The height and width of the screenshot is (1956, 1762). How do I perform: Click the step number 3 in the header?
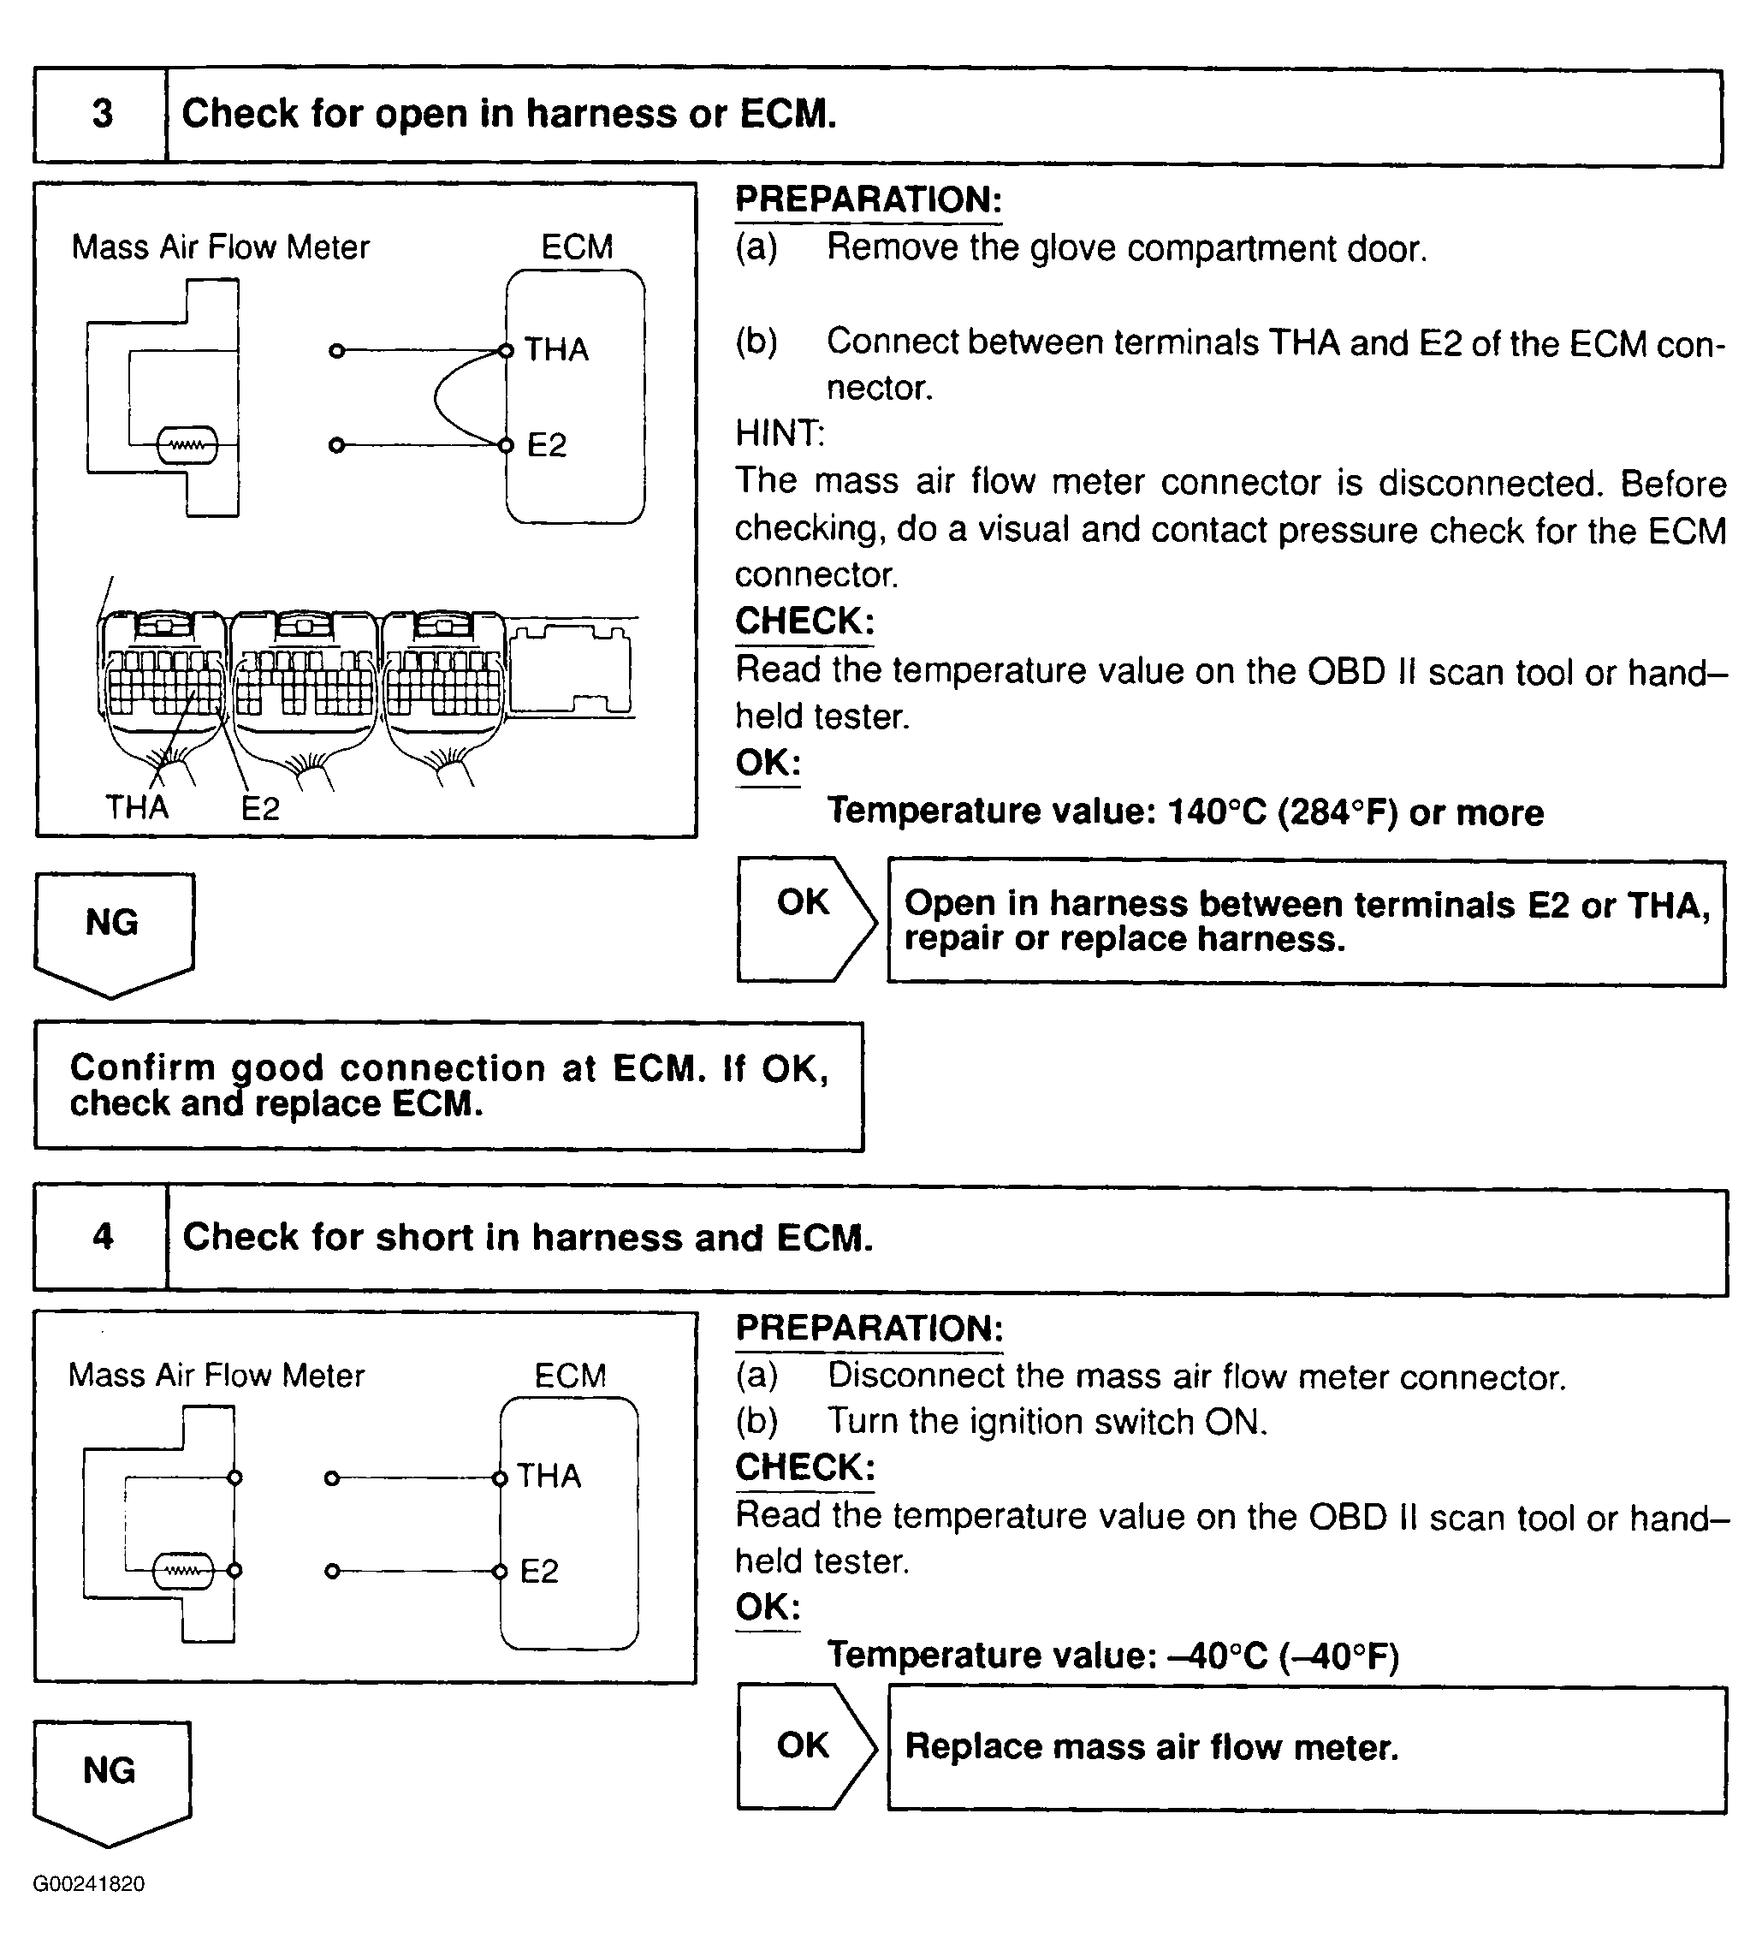coord(102,114)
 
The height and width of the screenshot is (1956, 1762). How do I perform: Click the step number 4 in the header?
coord(103,1237)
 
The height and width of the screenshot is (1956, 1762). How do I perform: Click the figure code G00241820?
coord(89,1883)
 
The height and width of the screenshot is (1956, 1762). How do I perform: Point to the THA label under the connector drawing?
coord(137,807)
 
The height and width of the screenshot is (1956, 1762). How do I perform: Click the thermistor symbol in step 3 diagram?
coord(187,446)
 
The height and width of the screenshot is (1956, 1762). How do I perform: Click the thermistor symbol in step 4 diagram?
coord(183,1571)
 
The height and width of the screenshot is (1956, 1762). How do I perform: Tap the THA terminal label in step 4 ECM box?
coord(549,1476)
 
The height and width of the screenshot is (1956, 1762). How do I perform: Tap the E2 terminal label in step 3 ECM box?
coord(547,445)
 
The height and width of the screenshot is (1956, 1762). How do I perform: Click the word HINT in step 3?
coord(780,434)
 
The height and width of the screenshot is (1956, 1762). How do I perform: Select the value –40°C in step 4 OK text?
coord(1214,1656)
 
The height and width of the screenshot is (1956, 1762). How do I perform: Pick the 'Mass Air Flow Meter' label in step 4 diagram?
coord(216,1375)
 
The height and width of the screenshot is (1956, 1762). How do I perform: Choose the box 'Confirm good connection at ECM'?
coord(448,1085)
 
